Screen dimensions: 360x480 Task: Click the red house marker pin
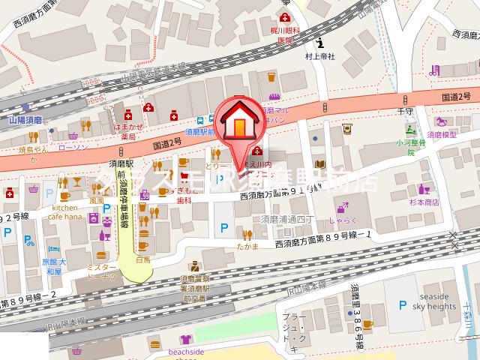click(x=239, y=124)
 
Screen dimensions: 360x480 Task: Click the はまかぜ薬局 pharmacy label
click(x=128, y=133)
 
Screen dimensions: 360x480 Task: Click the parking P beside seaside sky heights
click(x=403, y=304)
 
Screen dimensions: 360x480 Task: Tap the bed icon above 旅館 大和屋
click(x=52, y=247)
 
